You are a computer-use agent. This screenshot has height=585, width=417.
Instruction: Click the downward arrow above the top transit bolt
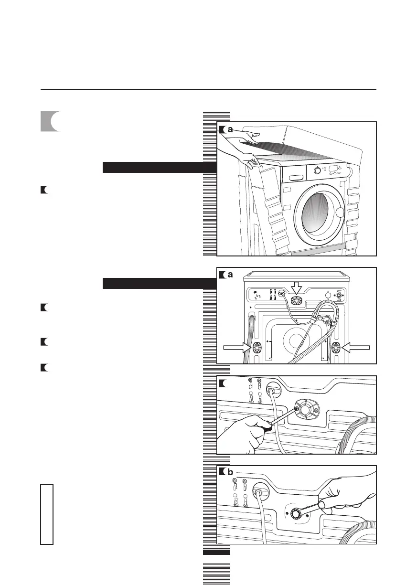click(297, 287)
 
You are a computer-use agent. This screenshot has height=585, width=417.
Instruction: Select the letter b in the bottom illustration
click(230, 472)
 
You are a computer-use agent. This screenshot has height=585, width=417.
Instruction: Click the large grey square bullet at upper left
click(50, 122)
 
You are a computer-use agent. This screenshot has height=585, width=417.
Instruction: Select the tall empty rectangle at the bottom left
click(47, 514)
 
